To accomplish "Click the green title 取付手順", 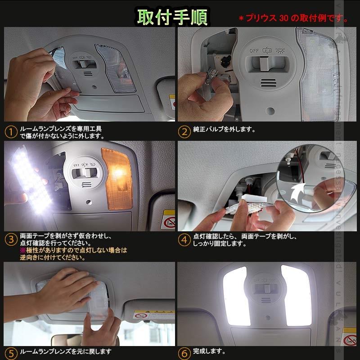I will (172, 17).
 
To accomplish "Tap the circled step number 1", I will (11, 132).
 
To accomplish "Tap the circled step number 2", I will (184, 132).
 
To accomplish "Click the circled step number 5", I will (11, 353).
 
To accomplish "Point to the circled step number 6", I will (184, 353).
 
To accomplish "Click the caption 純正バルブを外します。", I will (224, 130).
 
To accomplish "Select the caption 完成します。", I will (209, 351).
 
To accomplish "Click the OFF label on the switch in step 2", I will (254, 50).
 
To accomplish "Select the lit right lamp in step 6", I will (296, 294).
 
